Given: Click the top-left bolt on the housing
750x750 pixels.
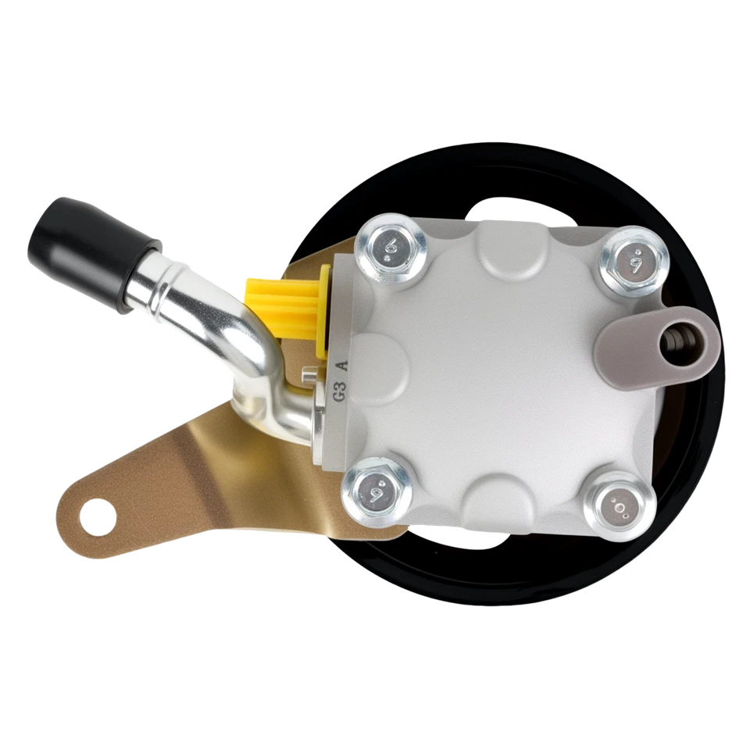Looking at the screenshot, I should pyautogui.click(x=388, y=248).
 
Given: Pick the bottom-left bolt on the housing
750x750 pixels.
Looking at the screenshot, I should pyautogui.click(x=375, y=490).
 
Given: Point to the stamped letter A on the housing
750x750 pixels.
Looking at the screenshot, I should pyautogui.click(x=340, y=366).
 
